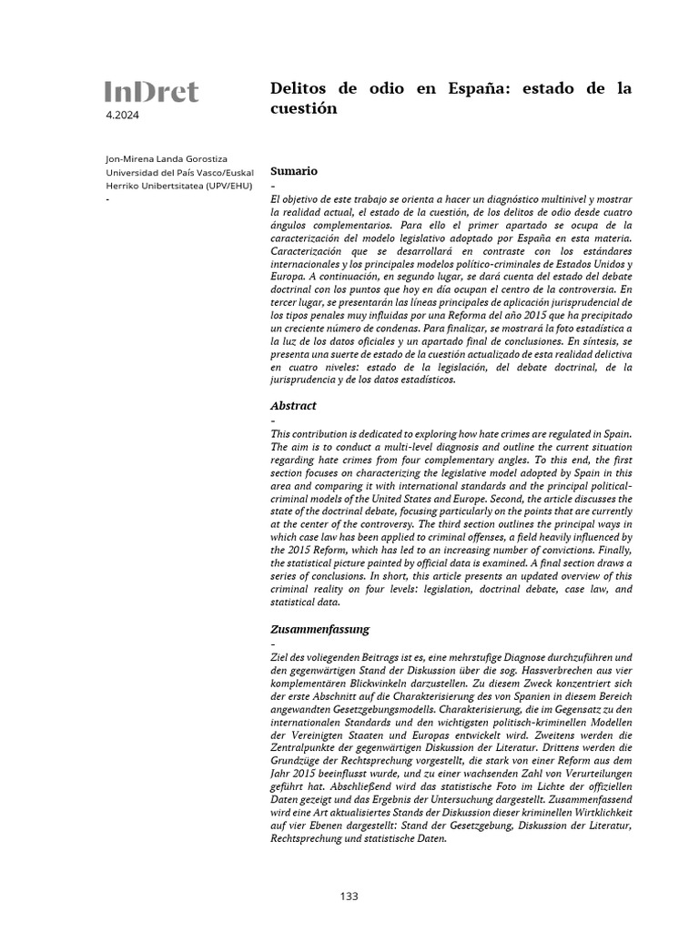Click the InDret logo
click(x=151, y=91)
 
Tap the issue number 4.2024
click(x=123, y=116)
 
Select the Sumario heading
click(x=293, y=170)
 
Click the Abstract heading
click(x=293, y=405)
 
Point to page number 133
click(x=349, y=896)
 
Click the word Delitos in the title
click(x=299, y=88)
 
